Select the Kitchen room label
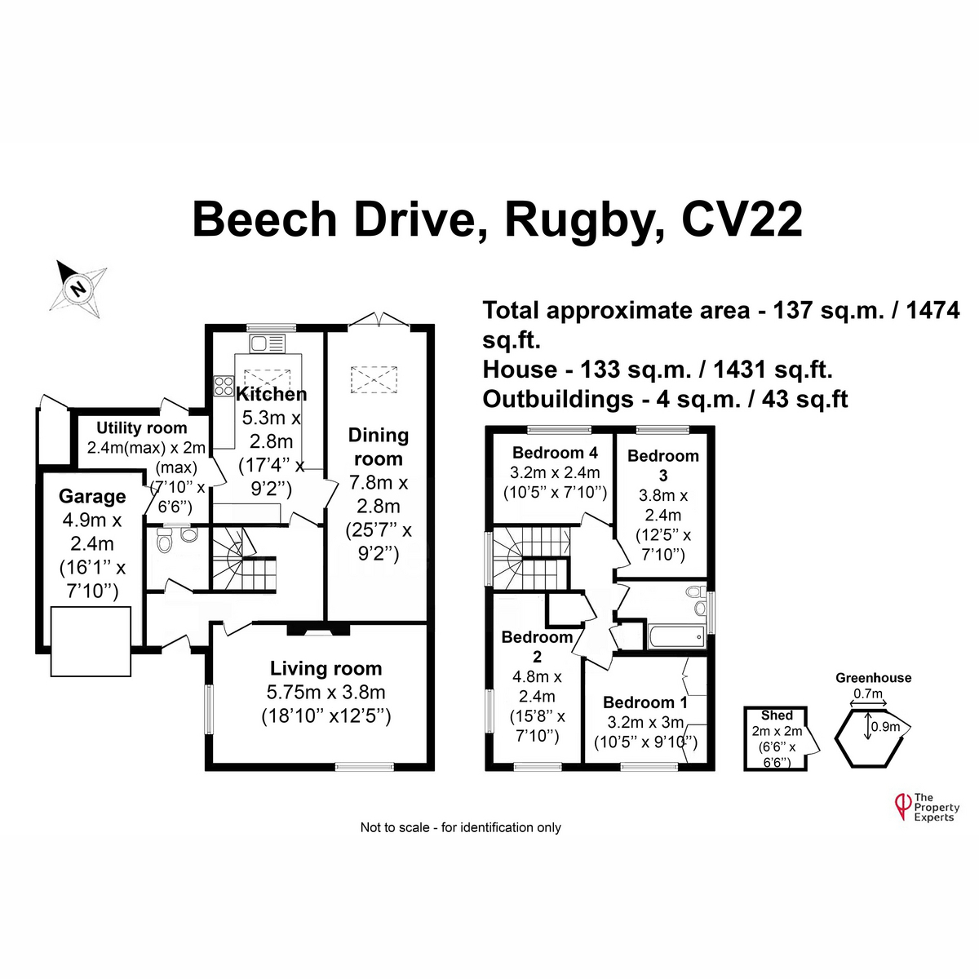coord(272,395)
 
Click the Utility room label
coord(142,427)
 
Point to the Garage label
coord(92,496)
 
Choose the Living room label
coord(326,669)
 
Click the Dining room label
coord(378,446)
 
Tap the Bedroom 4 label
coord(556,453)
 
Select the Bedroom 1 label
coord(645,702)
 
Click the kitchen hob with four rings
coord(224,385)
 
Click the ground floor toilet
coord(164,540)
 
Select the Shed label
coord(777,715)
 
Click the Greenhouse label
coord(873,678)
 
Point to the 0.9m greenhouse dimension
coord(885,726)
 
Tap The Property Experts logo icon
coord(903,805)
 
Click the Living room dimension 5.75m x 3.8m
coord(326,693)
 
